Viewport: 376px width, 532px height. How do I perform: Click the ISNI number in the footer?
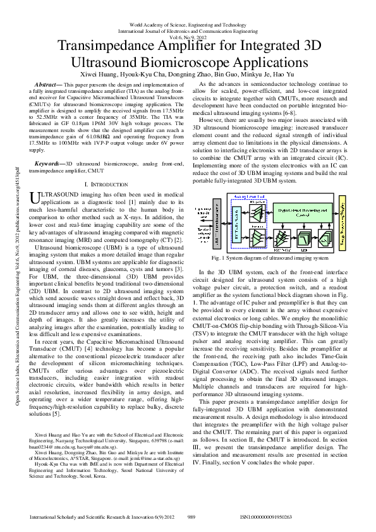266,517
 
